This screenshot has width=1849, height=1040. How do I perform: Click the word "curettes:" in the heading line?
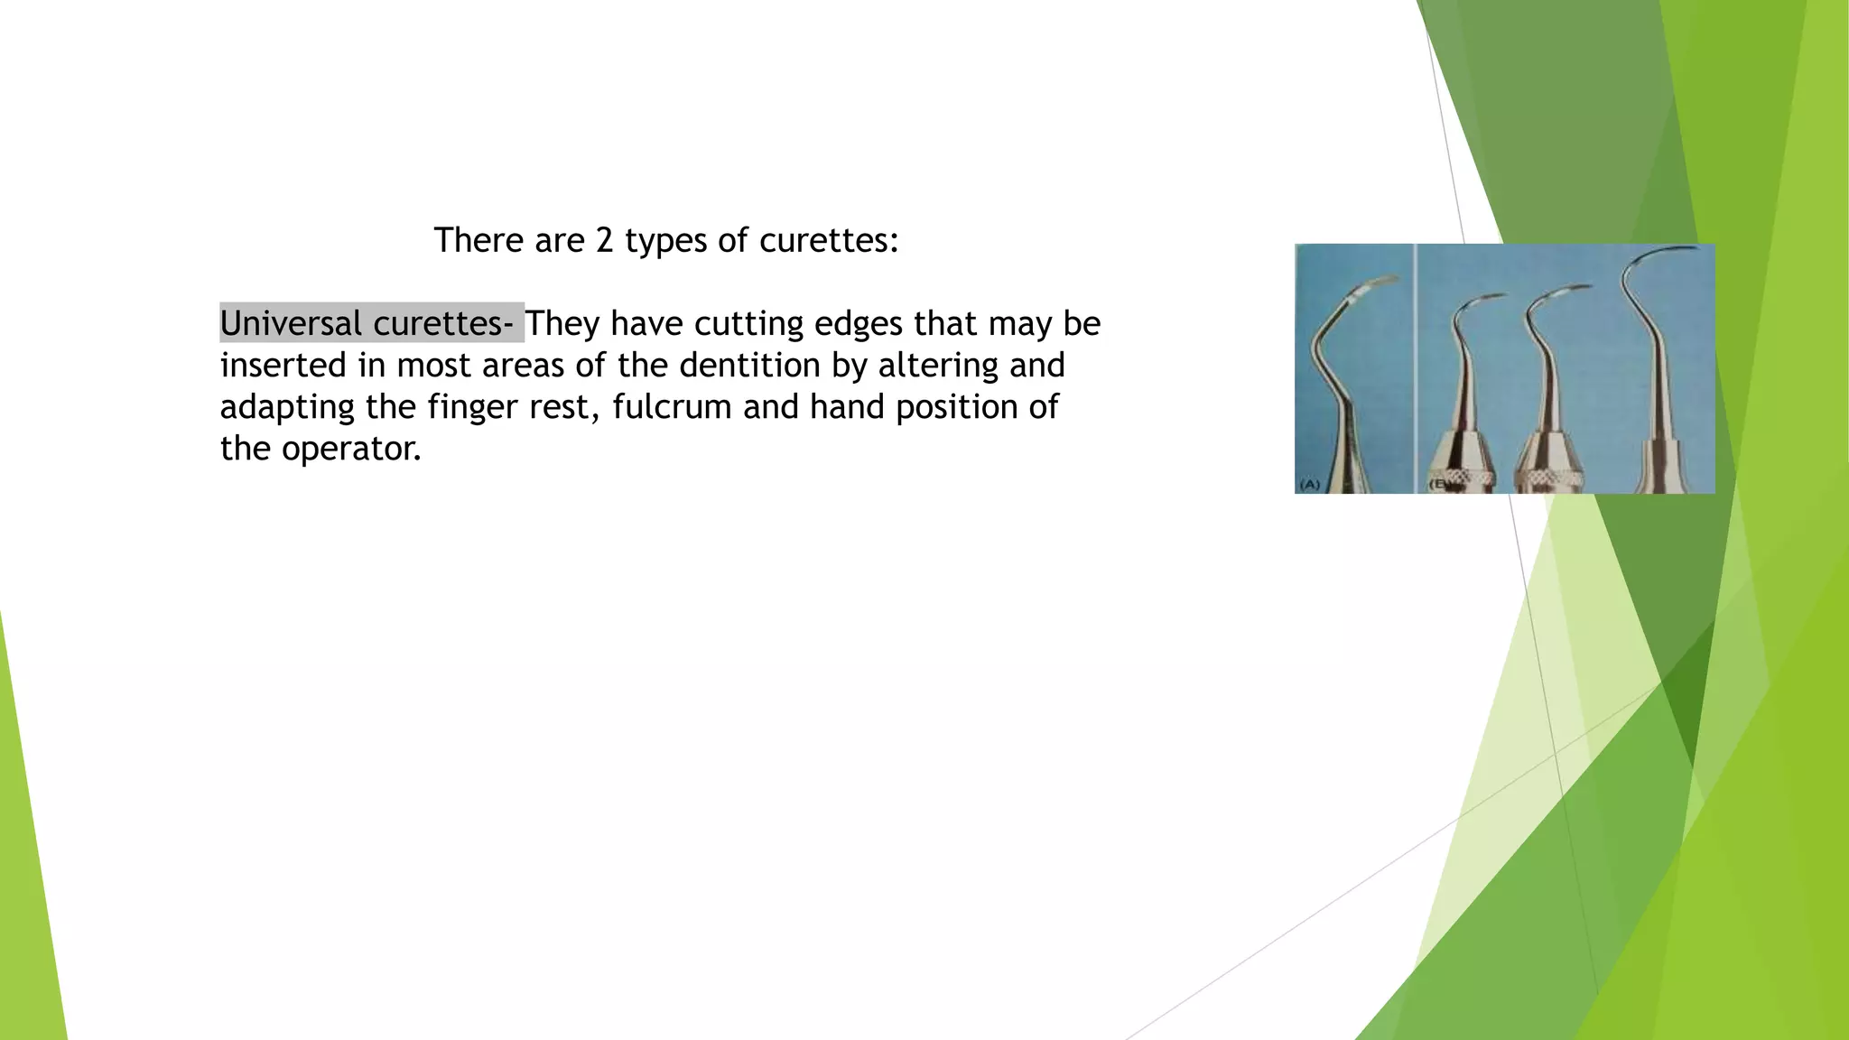[x=829, y=240]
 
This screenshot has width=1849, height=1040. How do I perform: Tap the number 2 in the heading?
[x=604, y=240]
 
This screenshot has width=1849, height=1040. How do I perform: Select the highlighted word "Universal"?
[x=291, y=323]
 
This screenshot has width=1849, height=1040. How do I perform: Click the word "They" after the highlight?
[x=562, y=323]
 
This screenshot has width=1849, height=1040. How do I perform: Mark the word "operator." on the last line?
[x=351, y=449]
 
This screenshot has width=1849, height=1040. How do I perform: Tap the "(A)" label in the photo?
[x=1309, y=485]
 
